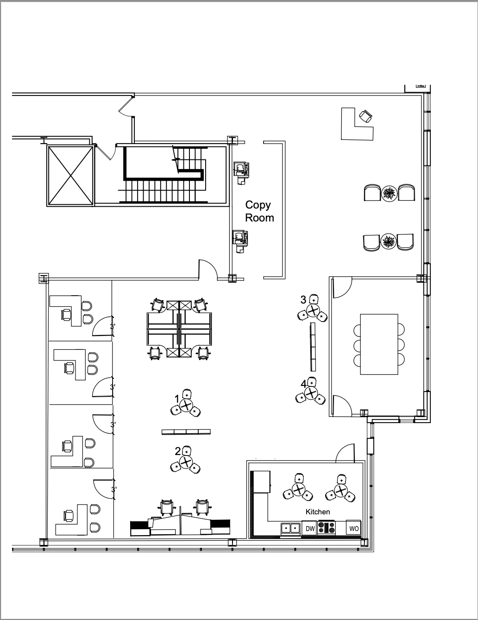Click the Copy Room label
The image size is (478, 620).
[x=259, y=211]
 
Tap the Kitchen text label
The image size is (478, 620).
[x=318, y=512]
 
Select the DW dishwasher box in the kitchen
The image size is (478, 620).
[x=310, y=528]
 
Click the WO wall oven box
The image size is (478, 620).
[x=353, y=528]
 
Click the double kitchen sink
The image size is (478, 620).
[x=291, y=528]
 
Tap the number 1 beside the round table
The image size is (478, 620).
[x=176, y=398]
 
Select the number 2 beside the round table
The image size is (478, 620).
[x=177, y=451]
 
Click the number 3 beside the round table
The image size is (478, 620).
[x=303, y=300]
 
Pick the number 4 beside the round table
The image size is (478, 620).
[x=303, y=384]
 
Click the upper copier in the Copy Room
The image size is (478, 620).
[x=241, y=170]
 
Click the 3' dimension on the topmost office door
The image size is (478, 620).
[x=113, y=326]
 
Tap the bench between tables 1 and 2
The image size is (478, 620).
[x=186, y=432]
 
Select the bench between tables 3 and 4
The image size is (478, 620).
[x=312, y=347]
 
